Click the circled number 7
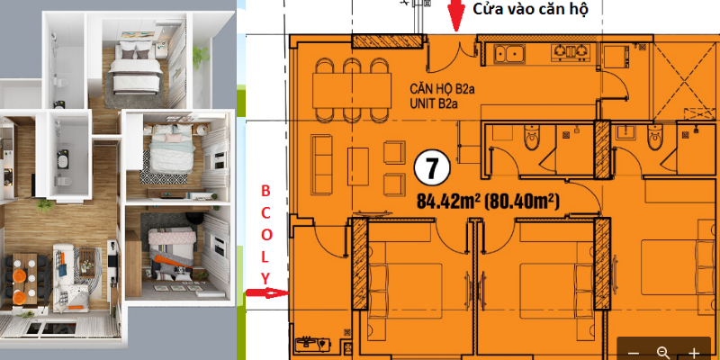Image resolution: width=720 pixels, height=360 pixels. point(431,169)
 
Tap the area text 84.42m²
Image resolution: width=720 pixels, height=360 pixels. point(448,201)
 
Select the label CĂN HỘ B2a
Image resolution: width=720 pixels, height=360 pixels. point(442,90)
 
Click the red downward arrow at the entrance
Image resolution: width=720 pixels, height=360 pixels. point(455,15)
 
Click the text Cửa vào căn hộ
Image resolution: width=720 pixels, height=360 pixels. point(530,10)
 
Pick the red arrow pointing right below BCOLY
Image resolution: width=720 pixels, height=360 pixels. point(267,293)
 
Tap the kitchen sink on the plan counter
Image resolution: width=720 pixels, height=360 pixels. point(510,53)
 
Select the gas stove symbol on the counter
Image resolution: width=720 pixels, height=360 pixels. point(571,52)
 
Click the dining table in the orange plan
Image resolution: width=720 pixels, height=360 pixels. point(352,90)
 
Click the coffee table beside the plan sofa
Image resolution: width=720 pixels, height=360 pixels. point(357,166)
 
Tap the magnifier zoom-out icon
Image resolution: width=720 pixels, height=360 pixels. point(663,353)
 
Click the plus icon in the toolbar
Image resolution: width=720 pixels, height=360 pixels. point(694,353)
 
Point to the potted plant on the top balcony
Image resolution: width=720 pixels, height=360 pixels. point(200,57)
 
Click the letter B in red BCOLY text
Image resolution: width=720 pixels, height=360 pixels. point(266,190)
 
